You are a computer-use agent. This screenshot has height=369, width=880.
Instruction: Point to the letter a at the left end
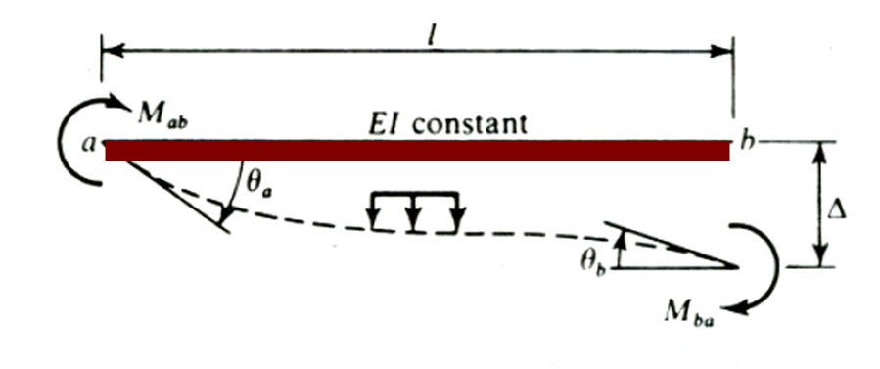click(x=88, y=146)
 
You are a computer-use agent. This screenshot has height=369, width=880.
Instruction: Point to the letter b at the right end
click(x=748, y=143)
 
